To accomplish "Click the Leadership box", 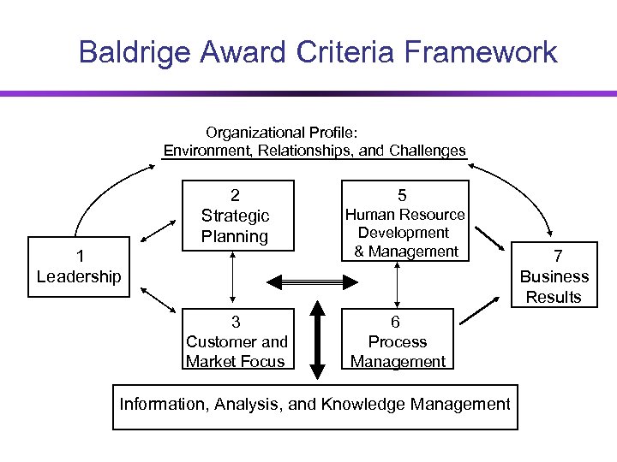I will click(x=79, y=266).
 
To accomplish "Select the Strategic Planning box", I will click(x=235, y=216).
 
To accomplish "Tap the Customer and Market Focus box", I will click(x=235, y=341).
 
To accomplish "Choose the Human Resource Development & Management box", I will click(x=404, y=222).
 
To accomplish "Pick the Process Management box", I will click(x=398, y=341).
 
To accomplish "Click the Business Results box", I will click(x=554, y=276).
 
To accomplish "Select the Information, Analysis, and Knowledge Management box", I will click(x=314, y=405).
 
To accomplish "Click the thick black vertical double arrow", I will click(x=317, y=340).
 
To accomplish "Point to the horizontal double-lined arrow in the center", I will click(x=313, y=281).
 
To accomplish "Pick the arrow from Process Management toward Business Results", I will click(x=480, y=310).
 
